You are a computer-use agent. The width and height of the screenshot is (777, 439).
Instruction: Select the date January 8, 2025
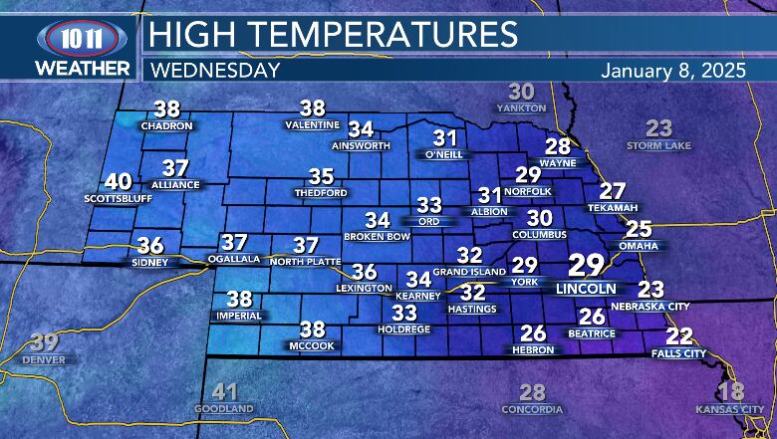click(x=676, y=71)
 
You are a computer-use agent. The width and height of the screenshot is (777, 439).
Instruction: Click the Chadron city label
click(x=165, y=126)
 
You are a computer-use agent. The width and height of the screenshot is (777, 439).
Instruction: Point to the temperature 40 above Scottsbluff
click(x=118, y=182)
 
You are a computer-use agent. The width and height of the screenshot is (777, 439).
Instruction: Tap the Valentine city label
click(x=313, y=125)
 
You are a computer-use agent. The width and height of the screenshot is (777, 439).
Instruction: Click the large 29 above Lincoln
click(x=586, y=266)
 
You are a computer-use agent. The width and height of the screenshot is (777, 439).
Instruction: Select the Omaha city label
click(x=638, y=246)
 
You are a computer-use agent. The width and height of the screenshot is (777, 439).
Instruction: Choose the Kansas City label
click(x=730, y=408)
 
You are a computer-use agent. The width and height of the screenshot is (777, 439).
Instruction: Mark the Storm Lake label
click(x=658, y=146)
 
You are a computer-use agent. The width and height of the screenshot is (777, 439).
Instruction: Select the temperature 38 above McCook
click(x=313, y=329)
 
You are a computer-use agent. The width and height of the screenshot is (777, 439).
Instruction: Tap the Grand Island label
click(x=470, y=272)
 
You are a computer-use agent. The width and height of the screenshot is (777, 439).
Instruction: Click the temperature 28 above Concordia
click(x=533, y=392)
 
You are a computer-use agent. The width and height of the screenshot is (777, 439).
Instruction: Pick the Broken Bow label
click(x=377, y=236)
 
